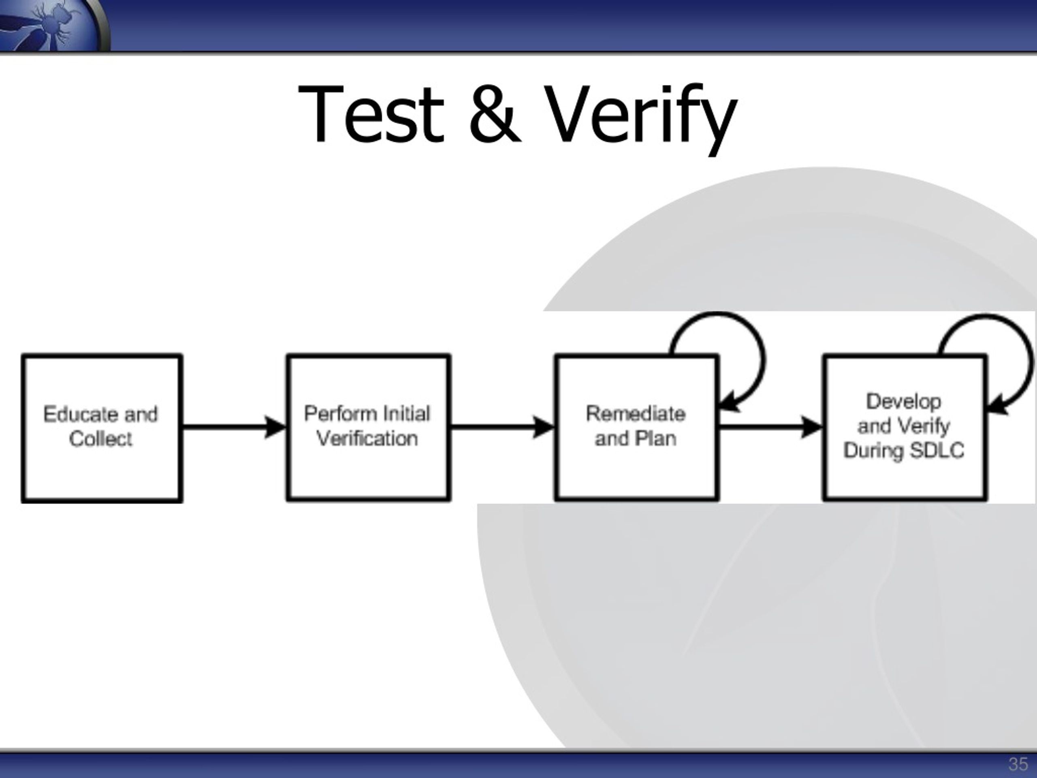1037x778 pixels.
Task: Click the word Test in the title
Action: [x=371, y=114]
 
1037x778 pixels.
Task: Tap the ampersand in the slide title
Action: [x=495, y=114]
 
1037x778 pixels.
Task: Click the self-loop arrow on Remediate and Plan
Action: [x=764, y=361]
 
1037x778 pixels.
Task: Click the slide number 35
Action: [x=1018, y=764]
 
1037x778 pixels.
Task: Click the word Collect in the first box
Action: [x=101, y=439]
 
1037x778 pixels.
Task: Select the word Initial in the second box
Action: [x=406, y=414]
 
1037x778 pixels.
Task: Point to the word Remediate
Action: [x=636, y=414]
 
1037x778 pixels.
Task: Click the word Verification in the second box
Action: [x=367, y=439]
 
